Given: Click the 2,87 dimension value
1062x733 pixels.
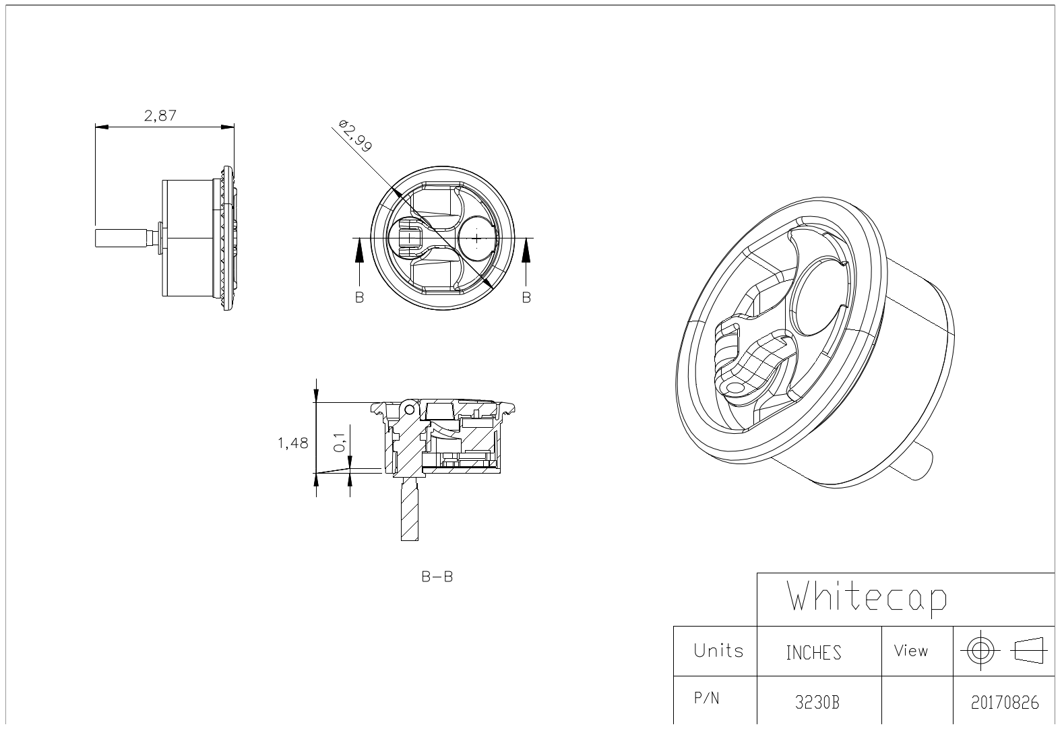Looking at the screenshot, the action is (x=160, y=116).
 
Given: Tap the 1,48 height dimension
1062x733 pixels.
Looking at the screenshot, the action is (x=292, y=443).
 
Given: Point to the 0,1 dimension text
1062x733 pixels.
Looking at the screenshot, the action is (x=340, y=443).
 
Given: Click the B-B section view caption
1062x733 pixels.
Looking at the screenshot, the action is (x=437, y=577).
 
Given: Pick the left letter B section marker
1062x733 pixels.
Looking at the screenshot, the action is (x=359, y=298).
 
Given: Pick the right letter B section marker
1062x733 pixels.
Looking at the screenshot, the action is (x=526, y=298).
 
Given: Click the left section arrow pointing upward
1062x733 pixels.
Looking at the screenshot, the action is (x=359, y=262).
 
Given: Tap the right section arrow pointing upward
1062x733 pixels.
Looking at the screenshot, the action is (x=526, y=262).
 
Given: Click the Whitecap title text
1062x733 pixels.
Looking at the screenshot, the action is (x=867, y=598).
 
